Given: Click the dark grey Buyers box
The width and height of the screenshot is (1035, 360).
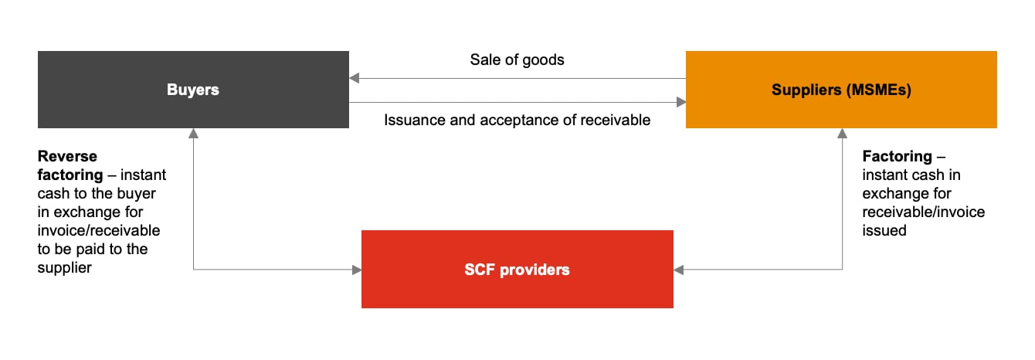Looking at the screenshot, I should tap(193, 90).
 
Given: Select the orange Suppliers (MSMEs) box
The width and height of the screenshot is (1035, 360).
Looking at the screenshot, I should tap(841, 90).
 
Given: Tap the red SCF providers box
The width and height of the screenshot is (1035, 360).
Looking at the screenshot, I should tap(517, 270).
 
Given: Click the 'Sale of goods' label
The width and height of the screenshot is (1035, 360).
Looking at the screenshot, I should tap(517, 59).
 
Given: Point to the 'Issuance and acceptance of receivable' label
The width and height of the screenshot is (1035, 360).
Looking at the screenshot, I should tap(517, 120).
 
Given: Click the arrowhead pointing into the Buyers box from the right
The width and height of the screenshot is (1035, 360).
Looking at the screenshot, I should tap(354, 78).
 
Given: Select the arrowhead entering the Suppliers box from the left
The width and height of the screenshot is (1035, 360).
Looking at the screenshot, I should tap(680, 102).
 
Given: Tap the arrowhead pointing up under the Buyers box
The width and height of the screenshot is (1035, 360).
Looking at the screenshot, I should tap(193, 134).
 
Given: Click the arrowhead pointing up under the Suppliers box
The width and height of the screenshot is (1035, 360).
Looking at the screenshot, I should tap(842, 134).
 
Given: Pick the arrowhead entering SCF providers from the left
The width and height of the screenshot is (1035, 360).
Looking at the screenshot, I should tap(357, 270).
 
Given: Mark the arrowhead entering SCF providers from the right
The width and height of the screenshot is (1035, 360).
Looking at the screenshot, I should tap(679, 270).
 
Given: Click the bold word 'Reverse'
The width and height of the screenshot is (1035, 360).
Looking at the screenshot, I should tap(67, 157).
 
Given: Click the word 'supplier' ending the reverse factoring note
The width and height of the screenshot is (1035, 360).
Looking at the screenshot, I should tap(64, 267).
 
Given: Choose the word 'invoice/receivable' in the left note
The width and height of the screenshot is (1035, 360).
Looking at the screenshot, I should tap(98, 230).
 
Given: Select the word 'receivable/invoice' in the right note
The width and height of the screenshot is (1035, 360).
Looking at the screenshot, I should tap(924, 212).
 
